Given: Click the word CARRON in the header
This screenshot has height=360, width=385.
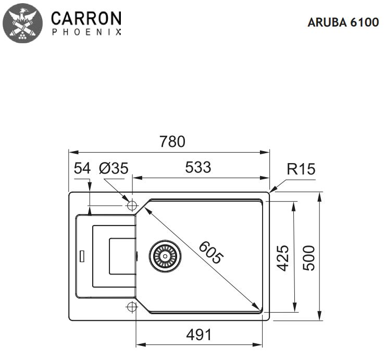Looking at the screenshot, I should (x=86, y=18).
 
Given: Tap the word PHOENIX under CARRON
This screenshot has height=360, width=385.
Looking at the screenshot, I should (x=86, y=32).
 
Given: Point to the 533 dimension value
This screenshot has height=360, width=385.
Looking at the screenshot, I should (x=198, y=167).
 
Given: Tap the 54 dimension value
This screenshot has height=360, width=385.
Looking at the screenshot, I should (x=82, y=168).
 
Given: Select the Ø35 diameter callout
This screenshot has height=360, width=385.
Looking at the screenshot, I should (x=113, y=168).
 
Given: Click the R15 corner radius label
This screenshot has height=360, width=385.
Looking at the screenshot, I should (x=301, y=169).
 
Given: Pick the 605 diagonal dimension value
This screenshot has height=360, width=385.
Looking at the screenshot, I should (x=211, y=251).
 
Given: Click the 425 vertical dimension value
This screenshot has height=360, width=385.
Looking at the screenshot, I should (x=282, y=257).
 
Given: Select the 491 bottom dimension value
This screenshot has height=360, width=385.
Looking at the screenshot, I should (x=199, y=334).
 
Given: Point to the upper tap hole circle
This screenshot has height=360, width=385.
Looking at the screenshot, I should (x=131, y=204).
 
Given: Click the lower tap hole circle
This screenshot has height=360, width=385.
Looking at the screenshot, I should (x=131, y=307).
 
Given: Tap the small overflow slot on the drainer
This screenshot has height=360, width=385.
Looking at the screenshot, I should (x=81, y=256).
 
